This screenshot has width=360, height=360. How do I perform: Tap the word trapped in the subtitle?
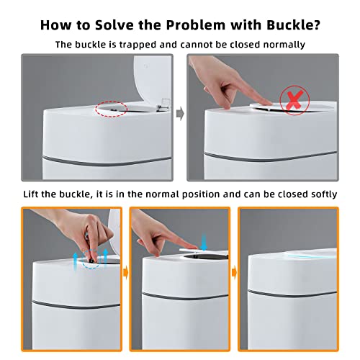[x=138, y=45]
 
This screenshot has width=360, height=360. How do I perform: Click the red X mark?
[x=294, y=100]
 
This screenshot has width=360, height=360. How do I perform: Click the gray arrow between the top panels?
[x=180, y=114]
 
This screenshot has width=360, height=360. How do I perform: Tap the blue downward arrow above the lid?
[x=204, y=242]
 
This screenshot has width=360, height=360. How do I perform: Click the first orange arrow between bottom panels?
[x=126, y=273]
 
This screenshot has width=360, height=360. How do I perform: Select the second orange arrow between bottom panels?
[x=235, y=273]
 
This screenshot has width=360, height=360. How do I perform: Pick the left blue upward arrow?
[x=75, y=261]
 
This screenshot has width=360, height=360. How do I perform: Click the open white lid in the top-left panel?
[x=152, y=81]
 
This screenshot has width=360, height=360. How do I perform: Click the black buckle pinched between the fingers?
[x=91, y=260]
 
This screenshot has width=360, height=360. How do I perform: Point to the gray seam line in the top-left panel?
[x=107, y=162]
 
